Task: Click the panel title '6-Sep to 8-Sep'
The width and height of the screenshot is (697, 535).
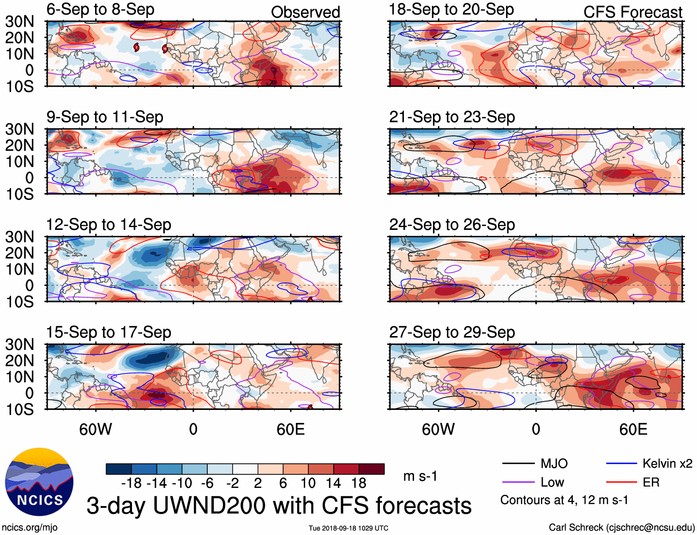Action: click(100, 10)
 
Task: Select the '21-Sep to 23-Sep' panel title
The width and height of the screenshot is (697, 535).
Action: click(452, 117)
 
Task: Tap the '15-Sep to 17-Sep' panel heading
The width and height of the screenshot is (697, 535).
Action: click(108, 332)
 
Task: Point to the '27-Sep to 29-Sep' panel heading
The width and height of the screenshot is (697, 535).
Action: click(452, 332)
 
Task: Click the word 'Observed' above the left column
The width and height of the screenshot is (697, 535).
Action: click(305, 12)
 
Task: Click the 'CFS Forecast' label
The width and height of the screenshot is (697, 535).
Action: click(632, 12)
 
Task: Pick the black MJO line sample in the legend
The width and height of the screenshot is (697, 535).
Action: click(518, 463)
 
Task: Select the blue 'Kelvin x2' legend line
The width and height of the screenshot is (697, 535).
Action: click(621, 463)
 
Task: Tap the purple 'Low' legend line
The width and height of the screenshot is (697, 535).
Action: click(518, 482)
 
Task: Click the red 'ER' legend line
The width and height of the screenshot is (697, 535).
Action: click(621, 482)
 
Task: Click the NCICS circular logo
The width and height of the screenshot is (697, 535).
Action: click(39, 481)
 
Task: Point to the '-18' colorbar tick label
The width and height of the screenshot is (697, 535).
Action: click(132, 483)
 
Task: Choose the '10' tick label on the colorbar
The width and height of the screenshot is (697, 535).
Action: click(308, 483)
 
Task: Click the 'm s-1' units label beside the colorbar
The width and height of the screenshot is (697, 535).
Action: click(420, 476)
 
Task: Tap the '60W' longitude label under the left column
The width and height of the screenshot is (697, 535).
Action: click(96, 430)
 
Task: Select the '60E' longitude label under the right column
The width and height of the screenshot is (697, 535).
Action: click(633, 430)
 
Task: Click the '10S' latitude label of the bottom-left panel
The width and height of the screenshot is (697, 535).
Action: click(20, 409)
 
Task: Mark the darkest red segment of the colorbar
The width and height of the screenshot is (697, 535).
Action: click(372, 469)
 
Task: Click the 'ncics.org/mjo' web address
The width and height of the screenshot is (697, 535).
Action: click(30, 528)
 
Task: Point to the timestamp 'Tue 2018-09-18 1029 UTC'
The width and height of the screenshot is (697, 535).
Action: click(348, 528)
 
